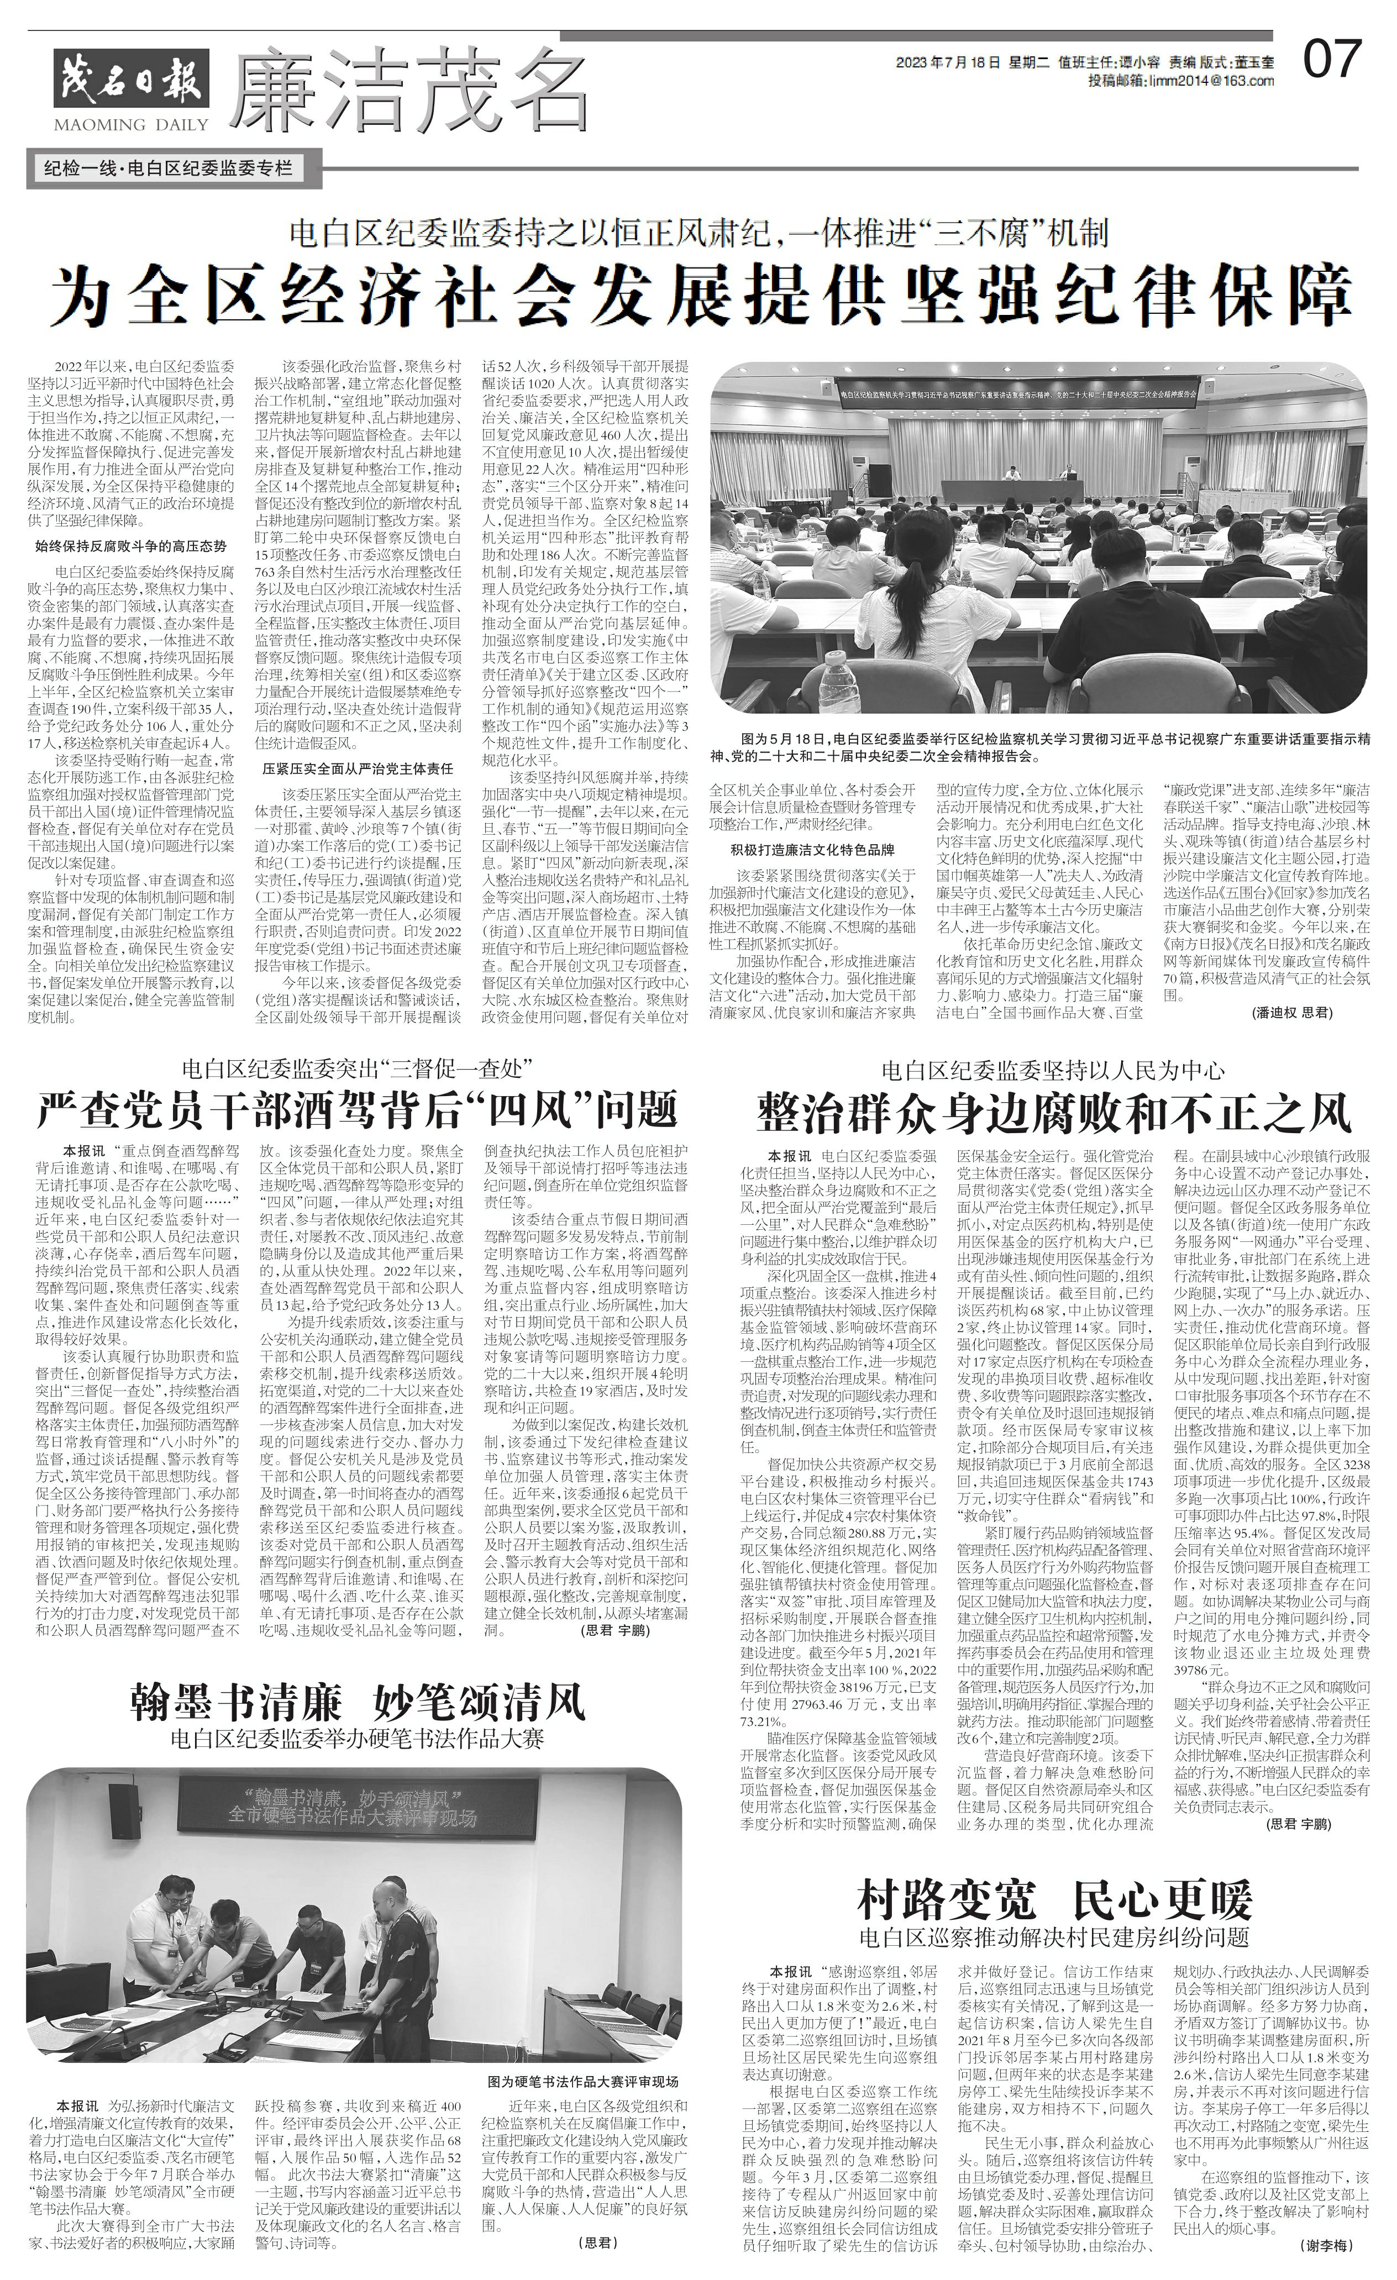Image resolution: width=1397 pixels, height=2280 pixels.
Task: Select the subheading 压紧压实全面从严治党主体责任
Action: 356,768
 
